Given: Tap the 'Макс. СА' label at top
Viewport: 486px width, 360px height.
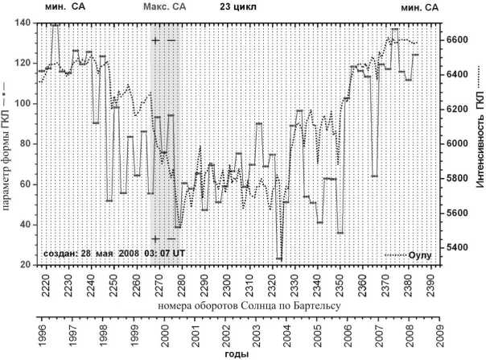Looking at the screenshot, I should click(164, 7).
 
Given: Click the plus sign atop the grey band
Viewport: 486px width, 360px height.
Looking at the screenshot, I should click(156, 39).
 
